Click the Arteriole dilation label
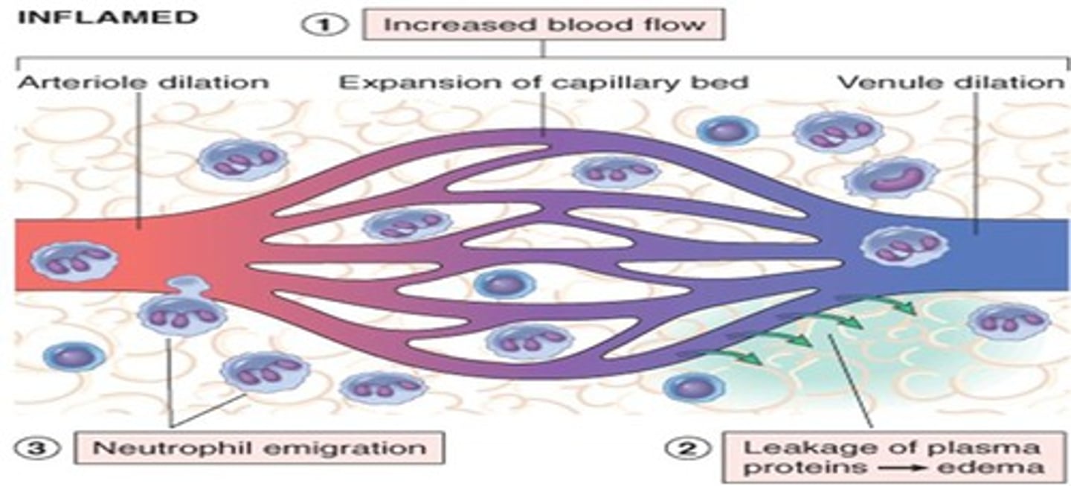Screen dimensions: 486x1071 (x=141, y=81)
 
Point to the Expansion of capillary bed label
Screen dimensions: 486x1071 (x=544, y=81)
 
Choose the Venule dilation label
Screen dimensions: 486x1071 (x=951, y=81)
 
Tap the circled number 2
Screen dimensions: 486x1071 (x=685, y=449)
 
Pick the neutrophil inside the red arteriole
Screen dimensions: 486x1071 (x=71, y=260)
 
